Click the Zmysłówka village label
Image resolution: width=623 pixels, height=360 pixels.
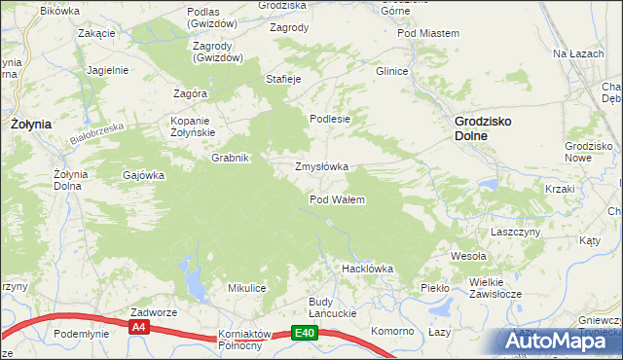pos(321,166)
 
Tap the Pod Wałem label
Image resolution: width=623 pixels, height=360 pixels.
pos(337,199)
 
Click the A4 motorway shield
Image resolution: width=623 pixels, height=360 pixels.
pos(139,328)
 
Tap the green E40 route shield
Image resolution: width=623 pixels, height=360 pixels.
pos(305,333)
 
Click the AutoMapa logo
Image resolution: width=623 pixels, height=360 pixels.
pos(552,340)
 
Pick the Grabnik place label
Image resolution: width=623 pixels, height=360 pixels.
pos(232,158)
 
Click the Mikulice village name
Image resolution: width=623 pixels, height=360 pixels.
pos(247,288)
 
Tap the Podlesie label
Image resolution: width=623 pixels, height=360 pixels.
pos(329,119)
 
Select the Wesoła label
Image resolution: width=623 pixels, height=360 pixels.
pos(467,256)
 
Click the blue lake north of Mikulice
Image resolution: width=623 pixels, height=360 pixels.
pos(194,282)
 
